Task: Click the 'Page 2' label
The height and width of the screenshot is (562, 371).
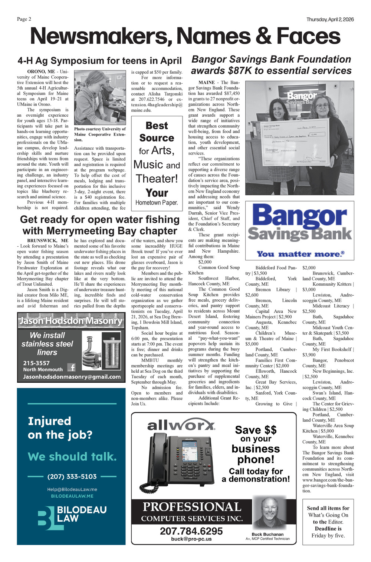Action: pos(24,19)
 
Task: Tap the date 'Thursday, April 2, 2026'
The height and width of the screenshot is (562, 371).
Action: pos(330,20)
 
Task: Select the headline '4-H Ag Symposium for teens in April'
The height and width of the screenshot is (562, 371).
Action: pos(99,61)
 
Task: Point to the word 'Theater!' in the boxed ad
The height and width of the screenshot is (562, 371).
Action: pos(157,179)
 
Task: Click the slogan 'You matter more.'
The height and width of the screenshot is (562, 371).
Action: pos(301,254)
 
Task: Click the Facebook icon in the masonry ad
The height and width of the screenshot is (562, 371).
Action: pos(71,368)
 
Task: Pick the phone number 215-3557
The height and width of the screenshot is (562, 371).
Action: pos(36,363)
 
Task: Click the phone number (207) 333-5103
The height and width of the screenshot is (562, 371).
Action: pos(72,476)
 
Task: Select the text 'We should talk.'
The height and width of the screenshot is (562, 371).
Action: pos(72,456)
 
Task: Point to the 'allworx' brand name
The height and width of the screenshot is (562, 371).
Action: pos(181,425)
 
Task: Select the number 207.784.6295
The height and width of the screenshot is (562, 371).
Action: pos(191,531)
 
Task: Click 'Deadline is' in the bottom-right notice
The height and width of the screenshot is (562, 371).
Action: pos(328,529)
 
